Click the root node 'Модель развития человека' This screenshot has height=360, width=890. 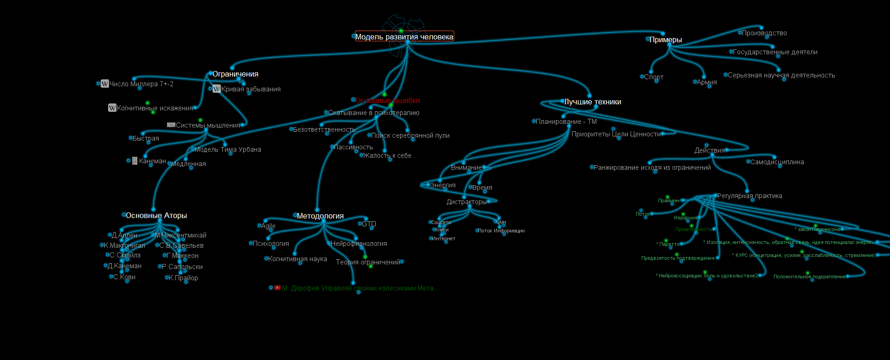pos(404,37)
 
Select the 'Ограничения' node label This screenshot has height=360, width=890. pos(235,74)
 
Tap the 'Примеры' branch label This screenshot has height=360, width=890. pos(665,40)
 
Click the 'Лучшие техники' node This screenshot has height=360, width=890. pos(593,102)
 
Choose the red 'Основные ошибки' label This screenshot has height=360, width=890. pos(387,101)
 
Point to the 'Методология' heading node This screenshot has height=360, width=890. pos(320,216)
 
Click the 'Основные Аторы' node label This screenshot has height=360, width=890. pos(156,216)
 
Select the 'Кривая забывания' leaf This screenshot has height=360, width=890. pos(251,89)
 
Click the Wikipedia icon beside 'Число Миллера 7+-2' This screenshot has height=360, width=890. pos(105,84)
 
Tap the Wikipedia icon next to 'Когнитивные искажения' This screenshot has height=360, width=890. pos(112,108)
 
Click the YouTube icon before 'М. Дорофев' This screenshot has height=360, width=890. pos(277,288)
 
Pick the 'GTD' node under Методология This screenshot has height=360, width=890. pos(369,224)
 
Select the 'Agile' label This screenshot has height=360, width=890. pos(268,226)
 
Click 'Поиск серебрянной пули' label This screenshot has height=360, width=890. pos(410,135)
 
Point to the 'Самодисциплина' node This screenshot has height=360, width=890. pos(777,162)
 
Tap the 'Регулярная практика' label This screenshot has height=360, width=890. pos(749,196)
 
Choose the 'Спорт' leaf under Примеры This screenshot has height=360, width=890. pos(654,77)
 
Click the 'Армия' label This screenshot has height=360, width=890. pos(707,82)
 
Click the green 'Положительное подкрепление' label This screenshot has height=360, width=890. pos(809,276)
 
